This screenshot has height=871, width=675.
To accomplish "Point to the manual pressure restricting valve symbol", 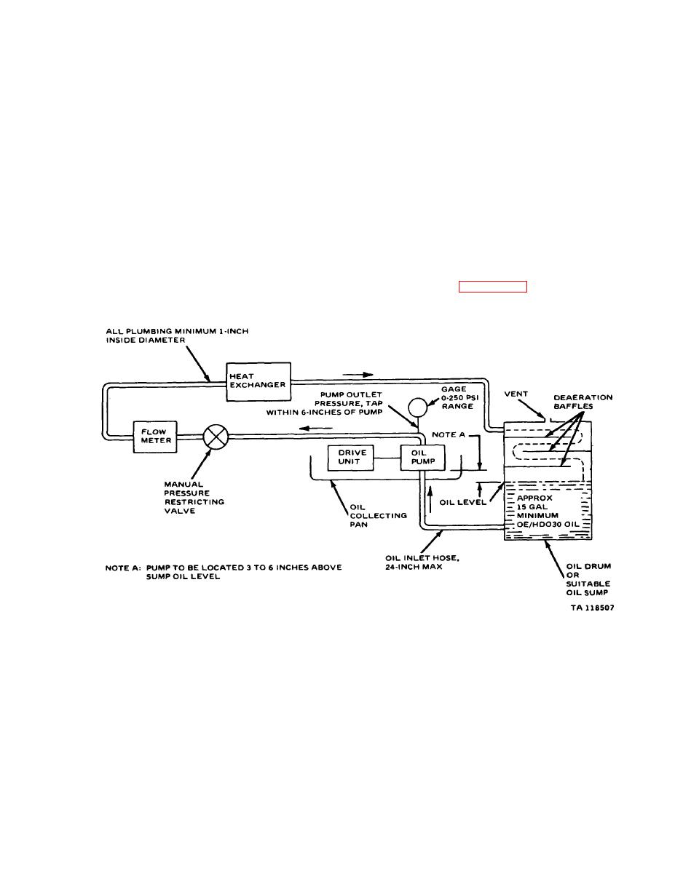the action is (x=216, y=437).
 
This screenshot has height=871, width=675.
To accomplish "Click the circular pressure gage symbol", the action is (x=417, y=407).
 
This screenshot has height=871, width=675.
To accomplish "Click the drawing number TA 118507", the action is (x=593, y=608).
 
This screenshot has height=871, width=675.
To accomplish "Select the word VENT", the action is (x=516, y=394).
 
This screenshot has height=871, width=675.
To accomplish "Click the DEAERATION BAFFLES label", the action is (x=583, y=402).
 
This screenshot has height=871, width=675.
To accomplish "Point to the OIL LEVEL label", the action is (x=462, y=502).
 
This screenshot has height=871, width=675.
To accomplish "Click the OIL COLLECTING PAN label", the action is (x=378, y=515).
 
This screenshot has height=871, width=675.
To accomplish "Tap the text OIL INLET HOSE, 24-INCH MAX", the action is (x=422, y=562).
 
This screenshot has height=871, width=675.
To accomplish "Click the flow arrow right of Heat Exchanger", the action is (x=358, y=375).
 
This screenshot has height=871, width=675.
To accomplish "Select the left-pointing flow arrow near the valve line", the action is (x=316, y=429).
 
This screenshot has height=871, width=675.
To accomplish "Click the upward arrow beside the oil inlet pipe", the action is (x=430, y=501).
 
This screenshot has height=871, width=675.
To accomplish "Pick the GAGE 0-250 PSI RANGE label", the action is (x=459, y=398).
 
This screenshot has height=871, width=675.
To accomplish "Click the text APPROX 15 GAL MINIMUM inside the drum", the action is (x=537, y=506).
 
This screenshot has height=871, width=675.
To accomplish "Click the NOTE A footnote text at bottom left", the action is (x=224, y=572).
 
